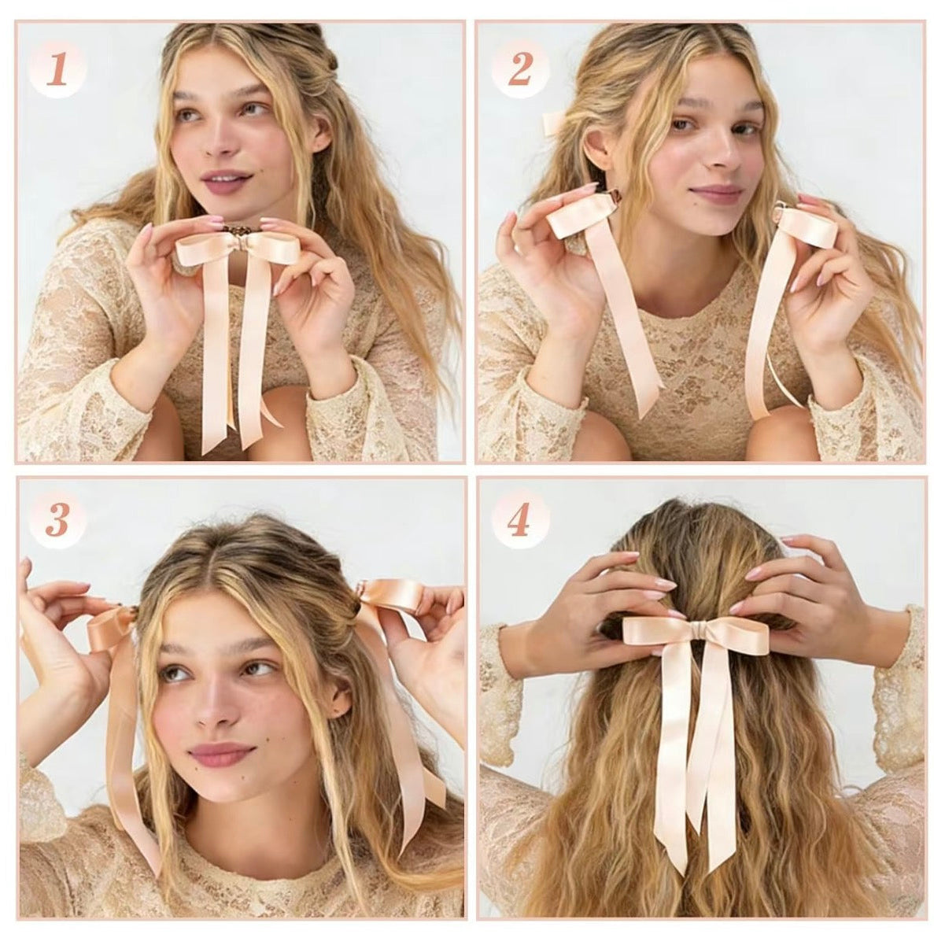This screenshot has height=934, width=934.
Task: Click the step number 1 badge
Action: point(57,72)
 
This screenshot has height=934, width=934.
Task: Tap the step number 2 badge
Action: point(519,72)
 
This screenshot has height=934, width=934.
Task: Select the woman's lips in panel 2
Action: point(717,193)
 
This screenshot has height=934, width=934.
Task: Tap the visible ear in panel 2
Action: point(596,146)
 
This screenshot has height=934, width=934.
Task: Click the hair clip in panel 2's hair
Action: point(553,122)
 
